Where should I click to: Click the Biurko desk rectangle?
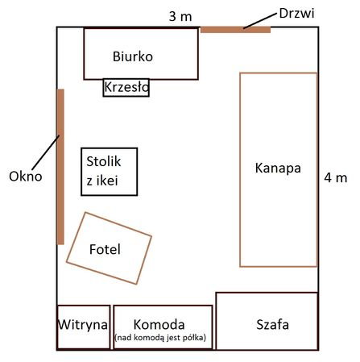coord(141,54)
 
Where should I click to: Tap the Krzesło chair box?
coord(126,87)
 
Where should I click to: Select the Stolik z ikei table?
coord(110,172)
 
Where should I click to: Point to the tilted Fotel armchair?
coord(109,248)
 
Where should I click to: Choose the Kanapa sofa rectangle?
coord(279,169)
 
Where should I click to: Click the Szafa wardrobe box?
coord(267,321)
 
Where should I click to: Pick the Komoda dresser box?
coord(163,327)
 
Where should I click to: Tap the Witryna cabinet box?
coord(84,327)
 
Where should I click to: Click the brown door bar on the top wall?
coord(235,30)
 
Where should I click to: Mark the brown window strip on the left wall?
coord(60,167)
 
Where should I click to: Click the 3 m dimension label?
coord(180,16)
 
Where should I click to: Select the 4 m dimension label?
coord(336,177)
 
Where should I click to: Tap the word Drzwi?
coord(296,13)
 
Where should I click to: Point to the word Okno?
coord(26,177)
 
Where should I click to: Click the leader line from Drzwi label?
coord(260,21)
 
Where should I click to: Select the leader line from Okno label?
coord(45,152)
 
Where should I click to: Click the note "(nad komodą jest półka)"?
coord(160,337)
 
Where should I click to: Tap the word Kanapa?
coord(278,169)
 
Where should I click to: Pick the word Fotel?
coord(105,249)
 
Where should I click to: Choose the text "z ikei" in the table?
coord(102,181)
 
